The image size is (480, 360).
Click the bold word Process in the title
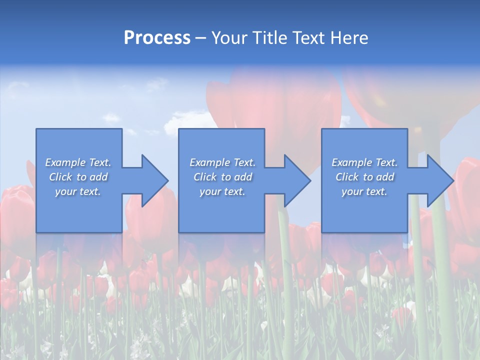point(157,38)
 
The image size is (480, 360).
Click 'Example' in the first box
point(65,162)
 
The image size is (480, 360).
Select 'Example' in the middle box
point(209,162)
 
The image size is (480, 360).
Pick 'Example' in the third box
point(351,162)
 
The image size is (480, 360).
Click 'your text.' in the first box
point(78,191)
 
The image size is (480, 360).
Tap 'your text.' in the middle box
point(222,191)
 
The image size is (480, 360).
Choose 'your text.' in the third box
point(364,191)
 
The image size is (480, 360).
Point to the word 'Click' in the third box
point(347,177)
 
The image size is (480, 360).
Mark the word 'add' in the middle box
point(243,177)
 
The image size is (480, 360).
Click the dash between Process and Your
point(201,38)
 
